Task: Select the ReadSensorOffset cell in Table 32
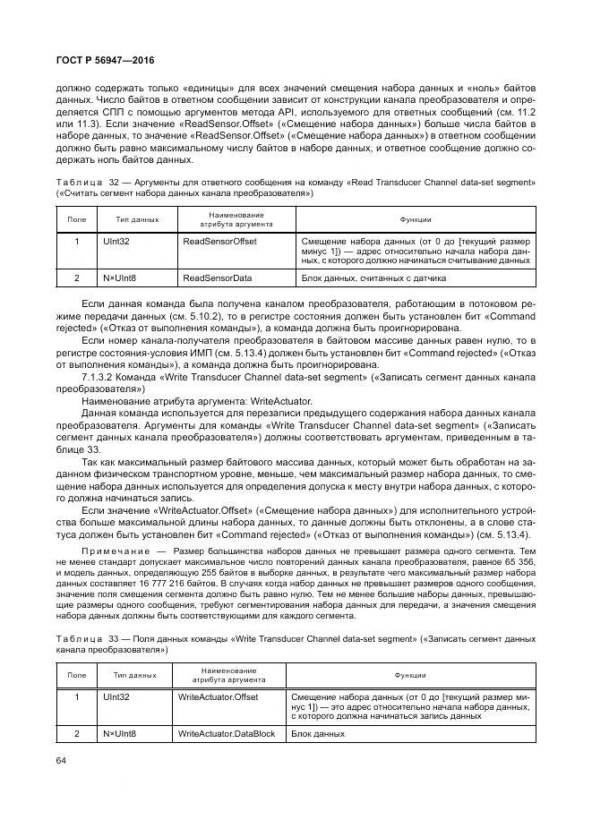pos(219,242)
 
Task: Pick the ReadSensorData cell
pos(217,278)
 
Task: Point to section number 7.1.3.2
pos(100,380)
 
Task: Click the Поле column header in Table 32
pos(76,218)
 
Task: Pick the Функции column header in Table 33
pos(409,676)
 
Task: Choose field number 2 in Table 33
pos(76,733)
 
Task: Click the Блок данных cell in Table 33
pos(317,733)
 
